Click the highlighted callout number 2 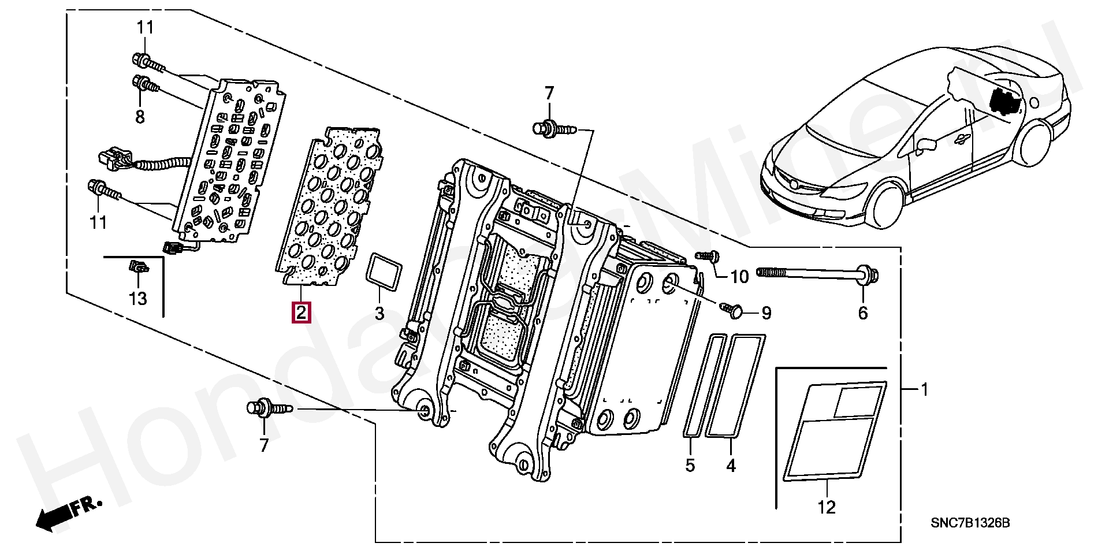click(301, 313)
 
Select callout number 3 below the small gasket click(379, 314)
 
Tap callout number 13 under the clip click(138, 299)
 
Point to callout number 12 click(827, 507)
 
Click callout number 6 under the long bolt click(862, 313)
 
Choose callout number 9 click(766, 313)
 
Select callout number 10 click(739, 277)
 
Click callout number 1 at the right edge click(924, 390)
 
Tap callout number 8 click(140, 117)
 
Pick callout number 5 click(690, 465)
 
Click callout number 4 click(731, 465)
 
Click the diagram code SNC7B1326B click(970, 523)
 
